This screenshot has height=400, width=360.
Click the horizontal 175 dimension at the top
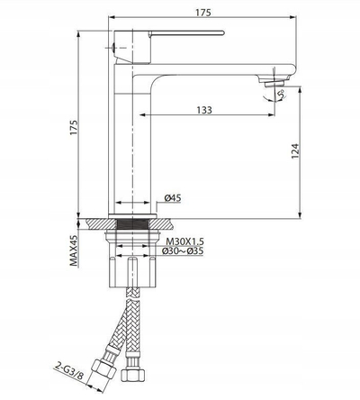coord(203,13)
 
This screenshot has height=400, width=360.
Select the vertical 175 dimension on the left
coord(74,127)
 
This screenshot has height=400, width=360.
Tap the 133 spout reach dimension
coord(204,110)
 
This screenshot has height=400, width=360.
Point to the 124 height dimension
coord(295,151)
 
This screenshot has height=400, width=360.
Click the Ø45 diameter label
coord(173,198)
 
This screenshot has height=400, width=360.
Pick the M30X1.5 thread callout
coord(185,241)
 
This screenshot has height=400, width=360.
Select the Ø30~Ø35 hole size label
coord(183,250)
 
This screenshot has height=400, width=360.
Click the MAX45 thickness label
coord(74,250)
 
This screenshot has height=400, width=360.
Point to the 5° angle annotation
coord(281,95)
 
